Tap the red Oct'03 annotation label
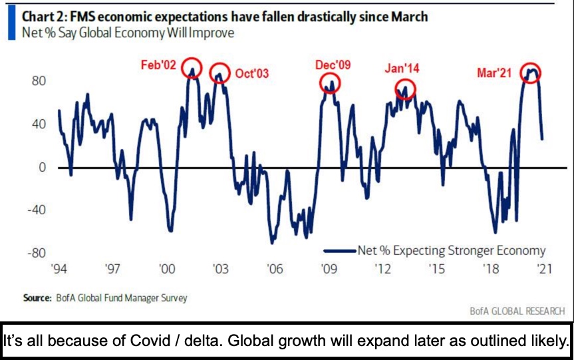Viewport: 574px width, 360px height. pos(252,74)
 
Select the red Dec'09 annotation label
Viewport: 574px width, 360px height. pos(333,65)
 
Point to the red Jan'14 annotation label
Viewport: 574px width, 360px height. pos(402,68)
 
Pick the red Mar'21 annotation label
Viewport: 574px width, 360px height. pos(494,73)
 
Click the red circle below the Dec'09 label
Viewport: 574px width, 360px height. pos(329,83)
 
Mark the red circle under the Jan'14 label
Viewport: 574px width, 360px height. pos(405,89)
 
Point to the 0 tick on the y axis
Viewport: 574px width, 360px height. pos(43,167)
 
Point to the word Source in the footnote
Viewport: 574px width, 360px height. pos(37,298)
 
